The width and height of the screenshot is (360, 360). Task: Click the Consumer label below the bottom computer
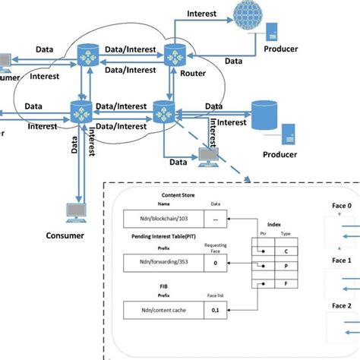click(65, 235)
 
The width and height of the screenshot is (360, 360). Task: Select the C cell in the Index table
click(286, 251)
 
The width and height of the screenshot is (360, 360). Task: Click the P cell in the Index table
click(286, 268)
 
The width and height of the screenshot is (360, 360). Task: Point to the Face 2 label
click(339, 304)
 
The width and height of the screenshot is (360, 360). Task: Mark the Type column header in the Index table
click(286, 236)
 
